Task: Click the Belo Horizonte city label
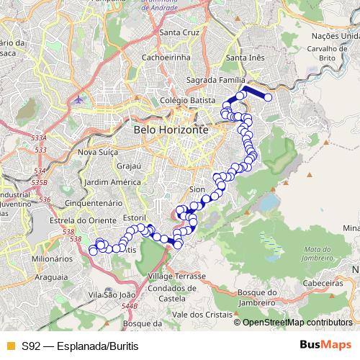coord(171,129)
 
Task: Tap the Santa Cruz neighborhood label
coord(179,32)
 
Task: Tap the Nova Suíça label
coord(98,152)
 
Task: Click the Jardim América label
coord(111,181)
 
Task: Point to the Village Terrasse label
coord(176,276)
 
